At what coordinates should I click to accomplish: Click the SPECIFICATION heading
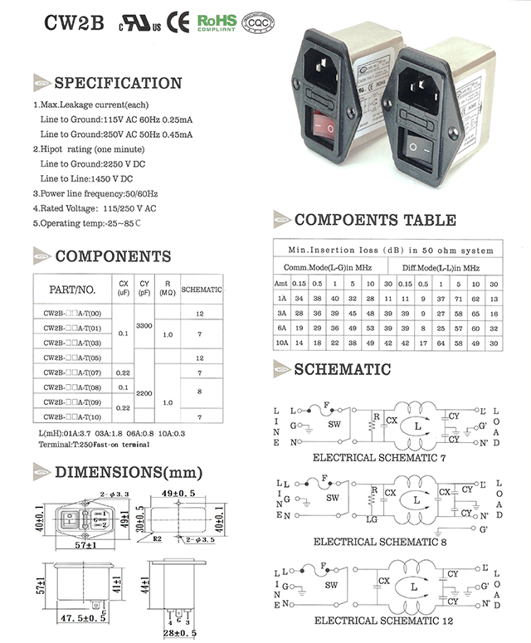(117, 83)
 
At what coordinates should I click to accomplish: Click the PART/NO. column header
(72, 290)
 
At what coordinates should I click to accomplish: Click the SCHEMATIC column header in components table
(201, 290)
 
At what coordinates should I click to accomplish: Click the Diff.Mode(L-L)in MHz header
(441, 268)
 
